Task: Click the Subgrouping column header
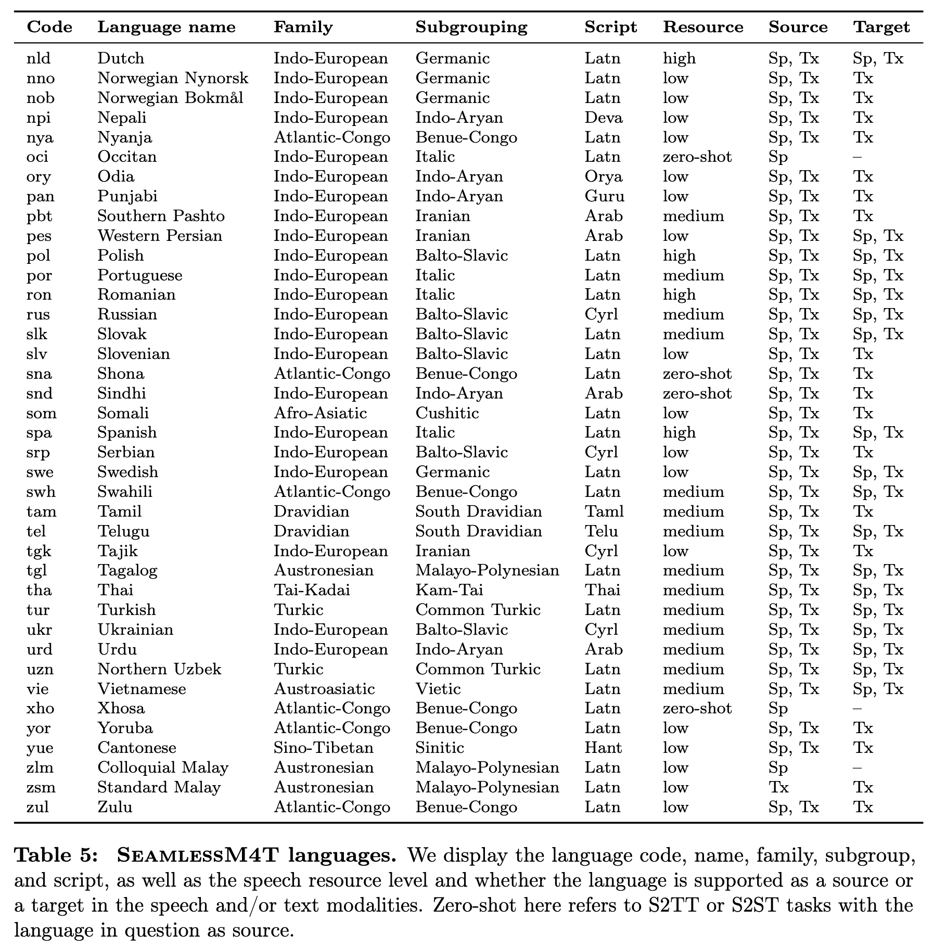click(471, 27)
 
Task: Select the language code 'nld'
click(39, 58)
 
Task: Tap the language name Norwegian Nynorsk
click(173, 78)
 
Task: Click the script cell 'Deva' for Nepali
click(604, 118)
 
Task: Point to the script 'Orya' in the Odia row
click(604, 177)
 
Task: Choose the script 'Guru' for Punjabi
click(605, 197)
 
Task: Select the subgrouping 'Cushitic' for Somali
click(447, 413)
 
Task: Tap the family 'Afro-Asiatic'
click(321, 413)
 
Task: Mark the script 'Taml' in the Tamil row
click(604, 511)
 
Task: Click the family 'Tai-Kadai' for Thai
click(312, 590)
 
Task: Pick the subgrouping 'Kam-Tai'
click(449, 590)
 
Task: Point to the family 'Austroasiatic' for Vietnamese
click(324, 689)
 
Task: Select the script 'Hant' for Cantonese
click(603, 748)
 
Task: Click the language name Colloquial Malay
click(163, 767)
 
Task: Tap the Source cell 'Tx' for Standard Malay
click(778, 787)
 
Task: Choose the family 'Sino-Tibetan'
click(324, 748)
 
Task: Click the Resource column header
click(703, 27)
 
